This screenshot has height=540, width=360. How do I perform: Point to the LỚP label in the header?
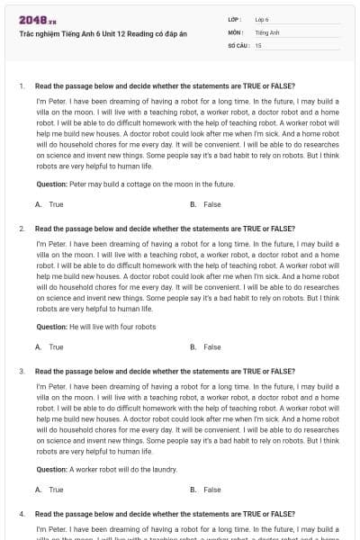[235, 18]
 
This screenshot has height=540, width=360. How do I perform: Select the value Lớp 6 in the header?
[262, 18]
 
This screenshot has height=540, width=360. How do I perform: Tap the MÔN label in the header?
[236, 31]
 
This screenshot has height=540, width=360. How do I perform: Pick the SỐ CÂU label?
[238, 44]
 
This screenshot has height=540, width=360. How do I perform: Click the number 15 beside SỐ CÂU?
[258, 44]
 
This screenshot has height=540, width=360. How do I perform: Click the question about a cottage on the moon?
[135, 184]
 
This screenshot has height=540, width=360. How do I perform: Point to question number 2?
[21, 229]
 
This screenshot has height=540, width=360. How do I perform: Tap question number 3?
[21, 371]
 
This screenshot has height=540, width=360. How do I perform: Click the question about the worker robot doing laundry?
[107, 469]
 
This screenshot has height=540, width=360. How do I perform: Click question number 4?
[21, 513]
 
